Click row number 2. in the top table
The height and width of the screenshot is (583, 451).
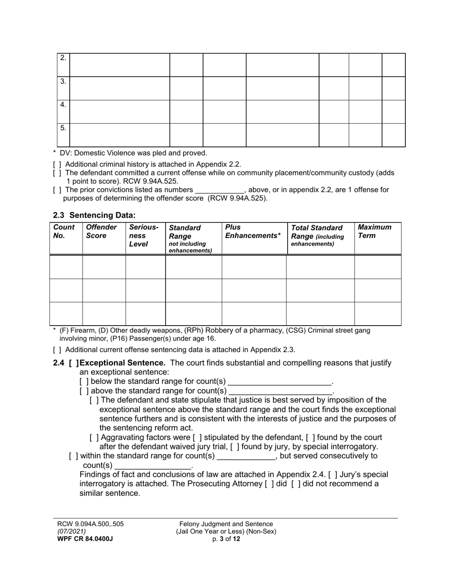click(63, 58)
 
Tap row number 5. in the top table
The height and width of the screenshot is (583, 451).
click(63, 128)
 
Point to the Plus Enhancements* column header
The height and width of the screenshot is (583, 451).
click(253, 231)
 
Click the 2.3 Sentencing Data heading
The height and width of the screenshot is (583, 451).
click(94, 215)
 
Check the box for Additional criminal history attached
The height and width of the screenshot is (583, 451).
click(57, 164)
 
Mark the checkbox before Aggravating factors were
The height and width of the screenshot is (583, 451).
click(94, 437)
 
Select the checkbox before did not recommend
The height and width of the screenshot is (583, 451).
click(296, 484)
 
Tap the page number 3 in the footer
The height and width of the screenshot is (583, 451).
click(221, 539)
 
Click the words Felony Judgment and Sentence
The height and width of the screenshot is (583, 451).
click(226, 524)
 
